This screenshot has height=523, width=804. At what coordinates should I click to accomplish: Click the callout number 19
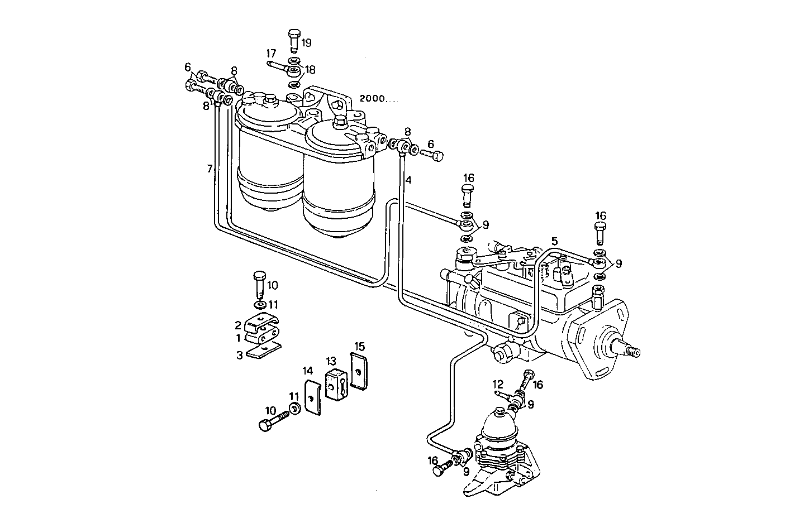(307, 42)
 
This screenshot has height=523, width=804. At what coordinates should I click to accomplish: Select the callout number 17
(271, 54)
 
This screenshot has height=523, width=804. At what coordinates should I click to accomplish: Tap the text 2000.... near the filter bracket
(379, 98)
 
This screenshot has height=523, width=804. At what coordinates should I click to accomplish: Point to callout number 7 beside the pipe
(210, 168)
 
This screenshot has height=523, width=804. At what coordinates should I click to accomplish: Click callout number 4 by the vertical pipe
(408, 180)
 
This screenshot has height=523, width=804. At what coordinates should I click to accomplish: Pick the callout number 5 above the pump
(554, 241)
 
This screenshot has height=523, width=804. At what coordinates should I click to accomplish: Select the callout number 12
(498, 384)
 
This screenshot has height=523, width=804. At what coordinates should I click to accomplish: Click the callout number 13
(332, 362)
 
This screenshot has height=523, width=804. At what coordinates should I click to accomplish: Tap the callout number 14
(307, 370)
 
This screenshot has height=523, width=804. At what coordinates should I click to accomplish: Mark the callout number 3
(239, 355)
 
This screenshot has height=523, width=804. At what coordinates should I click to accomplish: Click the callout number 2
(238, 325)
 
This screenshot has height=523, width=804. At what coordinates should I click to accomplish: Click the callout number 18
(310, 70)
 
